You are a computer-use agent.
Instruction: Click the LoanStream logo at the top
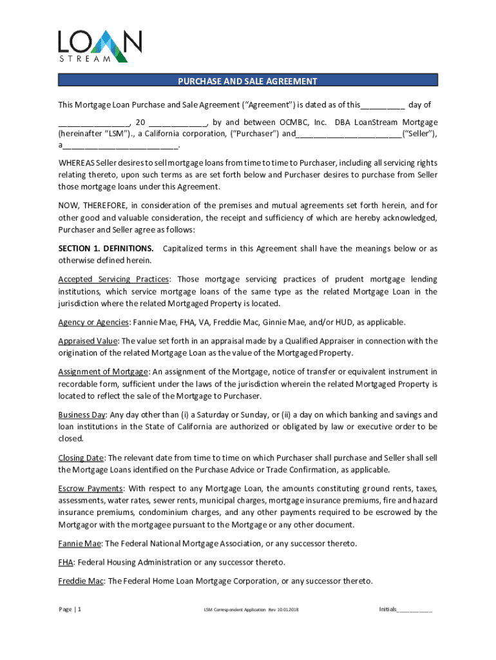(99, 44)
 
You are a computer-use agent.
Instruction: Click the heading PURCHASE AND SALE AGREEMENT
(248, 81)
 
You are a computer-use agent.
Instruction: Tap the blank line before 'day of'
(383, 105)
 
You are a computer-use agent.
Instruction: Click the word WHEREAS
(76, 162)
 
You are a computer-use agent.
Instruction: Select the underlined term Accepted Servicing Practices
(114, 279)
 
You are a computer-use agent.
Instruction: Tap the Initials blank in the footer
(415, 609)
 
